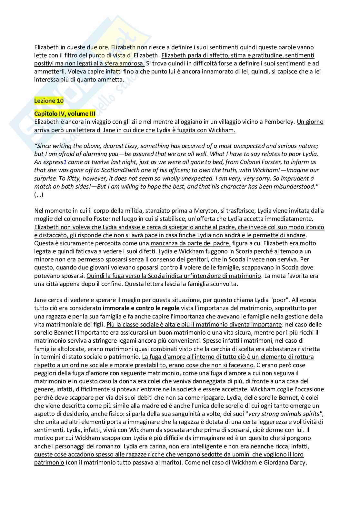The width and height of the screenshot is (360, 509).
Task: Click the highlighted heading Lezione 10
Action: [x=49, y=101]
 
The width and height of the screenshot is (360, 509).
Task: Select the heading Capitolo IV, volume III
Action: [x=65, y=113]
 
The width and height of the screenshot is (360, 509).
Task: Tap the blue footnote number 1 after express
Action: [x=65, y=162]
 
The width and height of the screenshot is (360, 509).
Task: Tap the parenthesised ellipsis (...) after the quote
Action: [x=39, y=194]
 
